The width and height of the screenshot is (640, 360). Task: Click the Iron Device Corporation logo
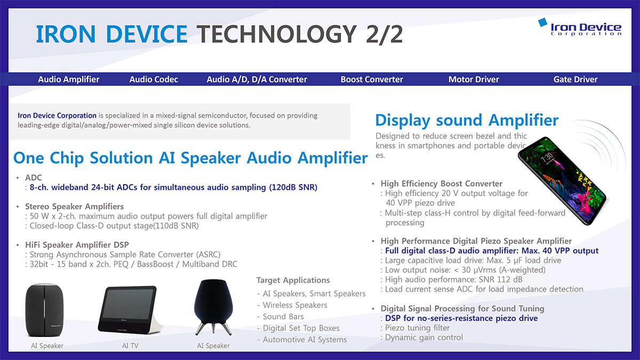point(580,27)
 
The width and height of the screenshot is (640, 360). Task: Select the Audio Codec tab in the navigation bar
point(154,79)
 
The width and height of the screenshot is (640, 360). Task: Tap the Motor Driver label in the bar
point(474,79)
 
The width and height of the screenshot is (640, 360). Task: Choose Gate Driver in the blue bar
point(575,79)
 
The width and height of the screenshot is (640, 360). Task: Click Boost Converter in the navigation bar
point(372,79)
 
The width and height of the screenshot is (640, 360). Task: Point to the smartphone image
point(562,181)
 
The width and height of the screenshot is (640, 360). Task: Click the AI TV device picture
point(130,309)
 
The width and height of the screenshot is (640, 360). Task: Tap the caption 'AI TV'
point(130,346)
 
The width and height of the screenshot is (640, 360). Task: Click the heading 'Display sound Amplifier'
point(467,120)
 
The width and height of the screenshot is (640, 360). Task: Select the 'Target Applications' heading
point(293,280)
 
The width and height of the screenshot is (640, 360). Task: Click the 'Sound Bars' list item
point(283,317)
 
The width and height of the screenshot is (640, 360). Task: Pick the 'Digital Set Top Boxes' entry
point(301,328)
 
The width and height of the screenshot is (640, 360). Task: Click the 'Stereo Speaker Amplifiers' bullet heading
point(74,206)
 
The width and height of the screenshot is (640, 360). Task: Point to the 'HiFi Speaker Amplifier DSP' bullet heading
point(77,245)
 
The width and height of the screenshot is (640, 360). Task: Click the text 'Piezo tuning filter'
point(418,327)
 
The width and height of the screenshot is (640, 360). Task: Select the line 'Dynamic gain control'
point(424,338)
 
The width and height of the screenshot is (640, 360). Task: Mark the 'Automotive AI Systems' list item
point(305,339)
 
